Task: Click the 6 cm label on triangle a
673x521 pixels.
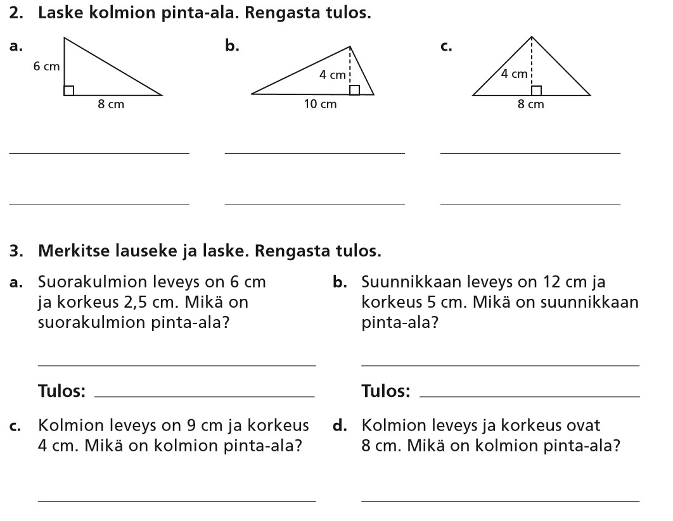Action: tap(46, 66)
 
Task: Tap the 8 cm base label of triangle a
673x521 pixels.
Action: tap(111, 104)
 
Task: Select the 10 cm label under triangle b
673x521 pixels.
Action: tap(320, 104)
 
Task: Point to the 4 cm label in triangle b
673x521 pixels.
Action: tap(332, 75)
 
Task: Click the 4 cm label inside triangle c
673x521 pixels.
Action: tap(514, 74)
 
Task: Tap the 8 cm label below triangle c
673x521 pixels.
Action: tap(531, 104)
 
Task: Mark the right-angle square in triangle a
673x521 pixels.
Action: tap(69, 91)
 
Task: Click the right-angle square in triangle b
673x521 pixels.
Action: tap(355, 89)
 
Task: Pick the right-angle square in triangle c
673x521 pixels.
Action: tap(536, 90)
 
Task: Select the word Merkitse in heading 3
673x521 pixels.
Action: tap(70, 252)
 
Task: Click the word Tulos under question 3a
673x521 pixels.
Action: tap(61, 391)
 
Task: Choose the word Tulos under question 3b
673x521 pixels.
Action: tap(385, 391)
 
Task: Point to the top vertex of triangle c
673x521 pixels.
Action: tap(532, 37)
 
